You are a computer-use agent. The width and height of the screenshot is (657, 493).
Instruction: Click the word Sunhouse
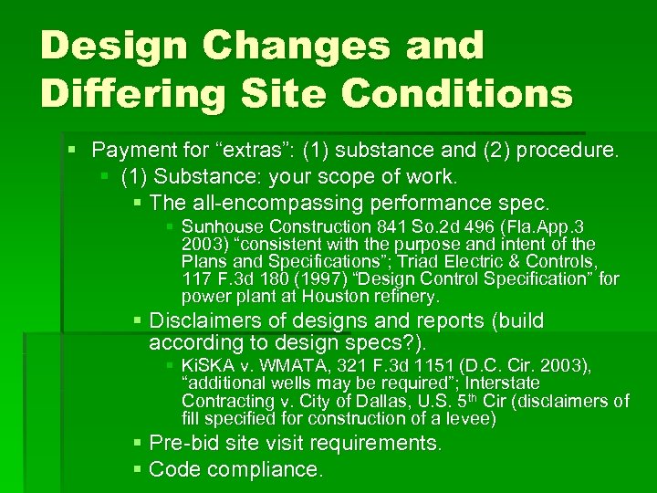[x=217, y=226]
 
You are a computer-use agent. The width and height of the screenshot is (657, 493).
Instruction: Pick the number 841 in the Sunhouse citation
[x=388, y=226]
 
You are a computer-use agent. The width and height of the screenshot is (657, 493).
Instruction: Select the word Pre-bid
[x=182, y=444]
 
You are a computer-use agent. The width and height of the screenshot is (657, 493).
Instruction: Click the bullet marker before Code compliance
[x=137, y=470]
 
